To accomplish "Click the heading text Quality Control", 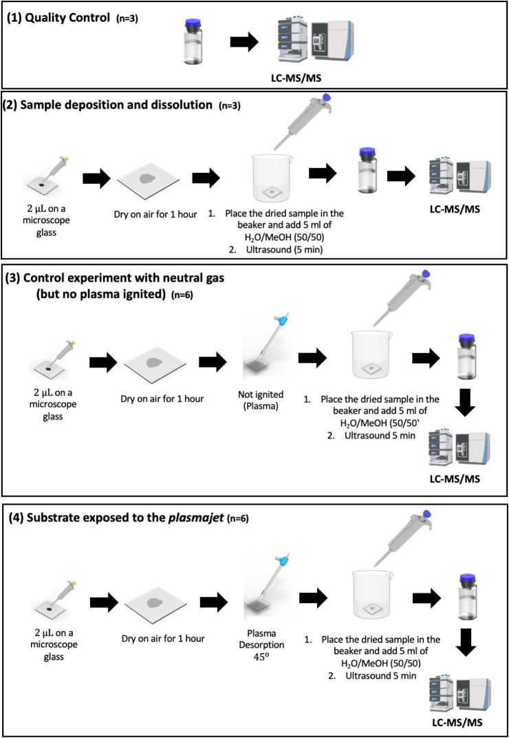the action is click(x=67, y=19).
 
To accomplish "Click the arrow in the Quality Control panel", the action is click(x=244, y=43).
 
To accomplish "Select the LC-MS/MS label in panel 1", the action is click(x=296, y=78).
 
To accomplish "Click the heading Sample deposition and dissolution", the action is click(x=116, y=105).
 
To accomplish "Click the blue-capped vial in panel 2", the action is click(x=367, y=170).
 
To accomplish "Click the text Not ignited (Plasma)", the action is click(x=261, y=400).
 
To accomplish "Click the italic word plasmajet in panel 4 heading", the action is click(x=197, y=518).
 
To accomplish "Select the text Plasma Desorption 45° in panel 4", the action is click(x=261, y=645).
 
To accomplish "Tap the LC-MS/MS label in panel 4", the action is click(x=457, y=722).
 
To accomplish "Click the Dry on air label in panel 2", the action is click(x=155, y=214).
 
